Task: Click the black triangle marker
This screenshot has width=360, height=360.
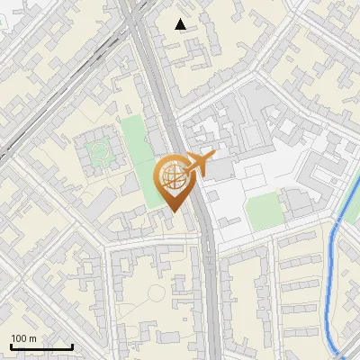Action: (182, 24)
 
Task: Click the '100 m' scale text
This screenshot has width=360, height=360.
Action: (23, 338)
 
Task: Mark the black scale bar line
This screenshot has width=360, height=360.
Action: (41, 346)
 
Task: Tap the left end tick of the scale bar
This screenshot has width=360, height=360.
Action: (11, 346)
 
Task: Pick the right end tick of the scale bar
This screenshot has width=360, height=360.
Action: (72, 346)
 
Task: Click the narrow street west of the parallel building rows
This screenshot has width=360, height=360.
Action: (275, 297)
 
